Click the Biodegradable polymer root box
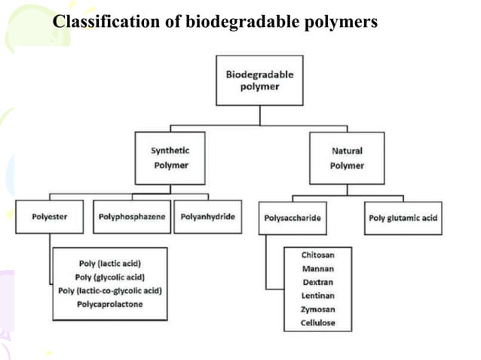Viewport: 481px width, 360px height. (260, 81)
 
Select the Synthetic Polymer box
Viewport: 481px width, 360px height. (170, 158)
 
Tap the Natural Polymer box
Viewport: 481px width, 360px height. (347, 158)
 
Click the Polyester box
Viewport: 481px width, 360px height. (50, 218)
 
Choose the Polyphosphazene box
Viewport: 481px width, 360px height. (132, 218)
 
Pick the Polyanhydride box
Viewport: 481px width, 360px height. (208, 218)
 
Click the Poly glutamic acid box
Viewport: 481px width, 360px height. (403, 218)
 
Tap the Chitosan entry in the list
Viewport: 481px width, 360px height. (317, 255)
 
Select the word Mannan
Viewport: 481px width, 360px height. (317, 269)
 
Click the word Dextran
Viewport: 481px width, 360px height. (317, 282)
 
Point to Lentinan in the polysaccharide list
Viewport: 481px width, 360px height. (317, 296)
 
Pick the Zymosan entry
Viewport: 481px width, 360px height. (317, 310)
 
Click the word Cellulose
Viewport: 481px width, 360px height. (317, 323)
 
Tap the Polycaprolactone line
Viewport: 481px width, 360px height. (110, 304)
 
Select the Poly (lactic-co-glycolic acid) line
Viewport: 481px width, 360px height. (110, 291)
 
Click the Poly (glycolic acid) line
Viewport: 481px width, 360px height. (110, 277)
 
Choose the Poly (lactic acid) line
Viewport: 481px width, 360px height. (110, 264)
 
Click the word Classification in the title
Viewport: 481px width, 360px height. (97, 23)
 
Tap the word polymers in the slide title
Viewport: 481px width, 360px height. (340, 23)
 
